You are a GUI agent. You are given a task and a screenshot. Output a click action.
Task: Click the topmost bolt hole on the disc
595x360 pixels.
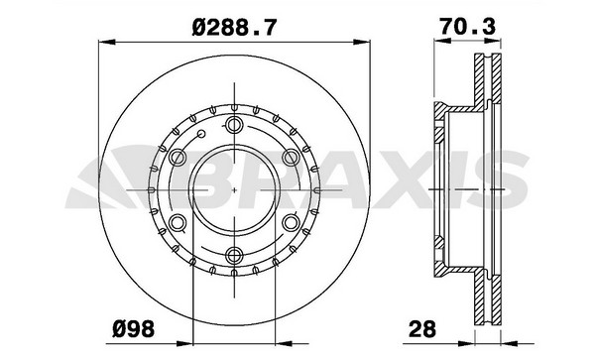(x=235, y=125)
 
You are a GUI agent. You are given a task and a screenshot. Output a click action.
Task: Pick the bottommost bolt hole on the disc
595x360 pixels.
(x=235, y=257)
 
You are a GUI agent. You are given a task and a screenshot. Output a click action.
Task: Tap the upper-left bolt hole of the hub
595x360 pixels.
(x=178, y=159)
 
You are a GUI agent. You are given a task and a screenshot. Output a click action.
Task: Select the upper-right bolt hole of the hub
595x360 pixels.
(x=292, y=159)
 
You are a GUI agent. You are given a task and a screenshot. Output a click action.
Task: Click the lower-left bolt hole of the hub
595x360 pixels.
(x=178, y=223)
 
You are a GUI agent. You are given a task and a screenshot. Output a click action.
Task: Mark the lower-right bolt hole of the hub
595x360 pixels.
(x=292, y=223)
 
